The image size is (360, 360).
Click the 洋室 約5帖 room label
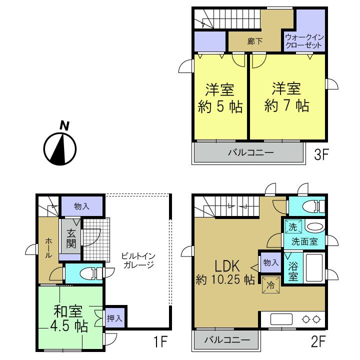click(x=220, y=99)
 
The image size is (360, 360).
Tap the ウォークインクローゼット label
click(x=305, y=41)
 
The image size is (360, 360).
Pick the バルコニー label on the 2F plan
click(x=227, y=340)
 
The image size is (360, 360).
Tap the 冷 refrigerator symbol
click(x=269, y=287)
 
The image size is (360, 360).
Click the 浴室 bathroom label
click(x=293, y=269)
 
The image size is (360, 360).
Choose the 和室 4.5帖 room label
click(x=70, y=319)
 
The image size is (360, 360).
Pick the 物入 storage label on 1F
click(x=81, y=206)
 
